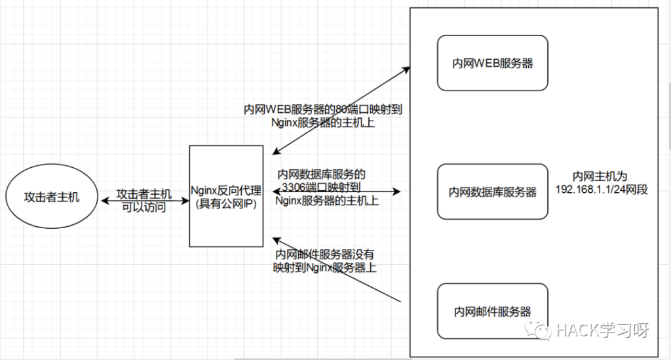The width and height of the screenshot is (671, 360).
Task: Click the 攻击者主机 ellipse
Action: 52,197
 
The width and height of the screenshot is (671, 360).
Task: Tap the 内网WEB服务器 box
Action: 492,63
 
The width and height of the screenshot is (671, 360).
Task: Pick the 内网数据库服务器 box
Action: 492,191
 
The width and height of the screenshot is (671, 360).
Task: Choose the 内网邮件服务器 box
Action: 492,311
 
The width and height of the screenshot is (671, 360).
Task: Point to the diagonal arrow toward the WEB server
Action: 341,108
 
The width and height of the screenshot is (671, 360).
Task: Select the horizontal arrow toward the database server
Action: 387,192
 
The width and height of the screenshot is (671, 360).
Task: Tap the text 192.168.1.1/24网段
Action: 600,190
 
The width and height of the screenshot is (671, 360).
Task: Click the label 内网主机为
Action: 600,176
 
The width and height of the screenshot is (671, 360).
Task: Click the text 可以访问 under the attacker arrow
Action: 144,208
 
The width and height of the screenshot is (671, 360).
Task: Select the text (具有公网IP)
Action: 225,203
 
